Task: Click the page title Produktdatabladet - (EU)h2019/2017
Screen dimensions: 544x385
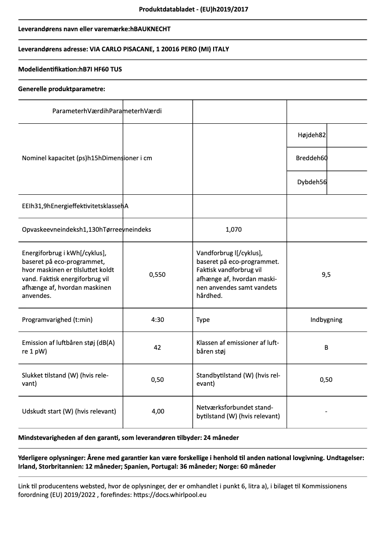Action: click(x=193, y=9)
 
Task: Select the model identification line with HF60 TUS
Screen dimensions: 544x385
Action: click(x=70, y=69)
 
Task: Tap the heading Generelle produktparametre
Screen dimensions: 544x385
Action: click(x=61, y=89)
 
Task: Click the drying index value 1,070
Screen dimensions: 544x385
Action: click(x=233, y=229)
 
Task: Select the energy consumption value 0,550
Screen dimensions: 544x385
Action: click(x=157, y=274)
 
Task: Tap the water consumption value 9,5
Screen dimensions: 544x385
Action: click(x=326, y=274)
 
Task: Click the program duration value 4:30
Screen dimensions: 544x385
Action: click(x=157, y=319)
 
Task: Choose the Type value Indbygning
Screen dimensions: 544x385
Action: click(x=326, y=319)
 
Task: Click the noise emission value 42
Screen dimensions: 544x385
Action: click(x=157, y=347)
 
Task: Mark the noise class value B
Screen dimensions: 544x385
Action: click(x=326, y=347)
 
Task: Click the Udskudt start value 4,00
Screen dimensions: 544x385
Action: click(x=157, y=411)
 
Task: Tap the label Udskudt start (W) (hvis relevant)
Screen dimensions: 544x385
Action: click(x=69, y=411)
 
